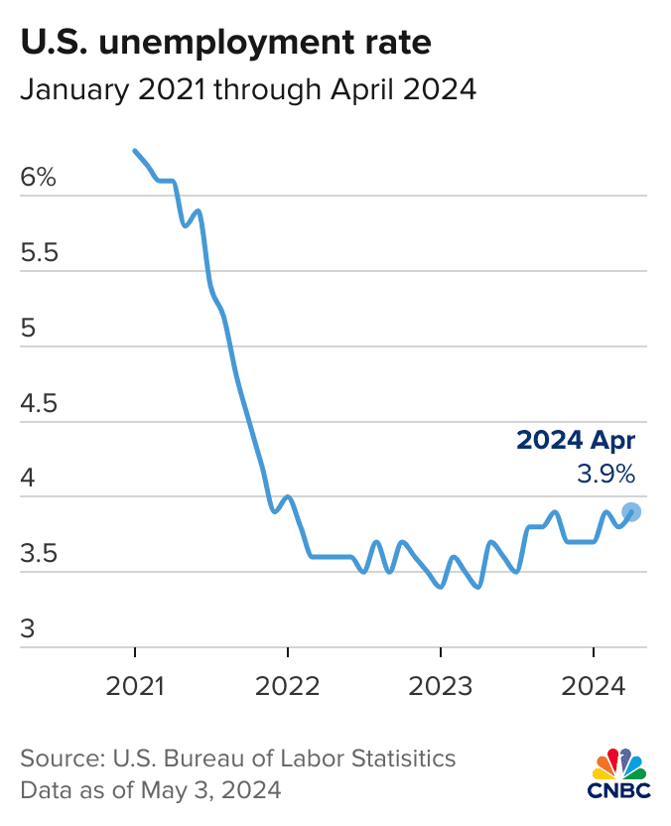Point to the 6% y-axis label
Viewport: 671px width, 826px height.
(x=39, y=179)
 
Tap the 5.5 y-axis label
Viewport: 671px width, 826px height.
(x=39, y=254)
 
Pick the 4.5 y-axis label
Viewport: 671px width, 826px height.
(x=39, y=404)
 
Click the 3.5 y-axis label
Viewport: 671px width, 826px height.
(x=39, y=554)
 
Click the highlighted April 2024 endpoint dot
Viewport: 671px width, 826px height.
(x=631, y=512)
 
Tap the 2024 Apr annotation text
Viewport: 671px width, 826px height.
(x=576, y=442)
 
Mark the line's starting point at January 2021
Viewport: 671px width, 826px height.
(x=135, y=150)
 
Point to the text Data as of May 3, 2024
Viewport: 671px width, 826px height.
(x=151, y=791)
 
